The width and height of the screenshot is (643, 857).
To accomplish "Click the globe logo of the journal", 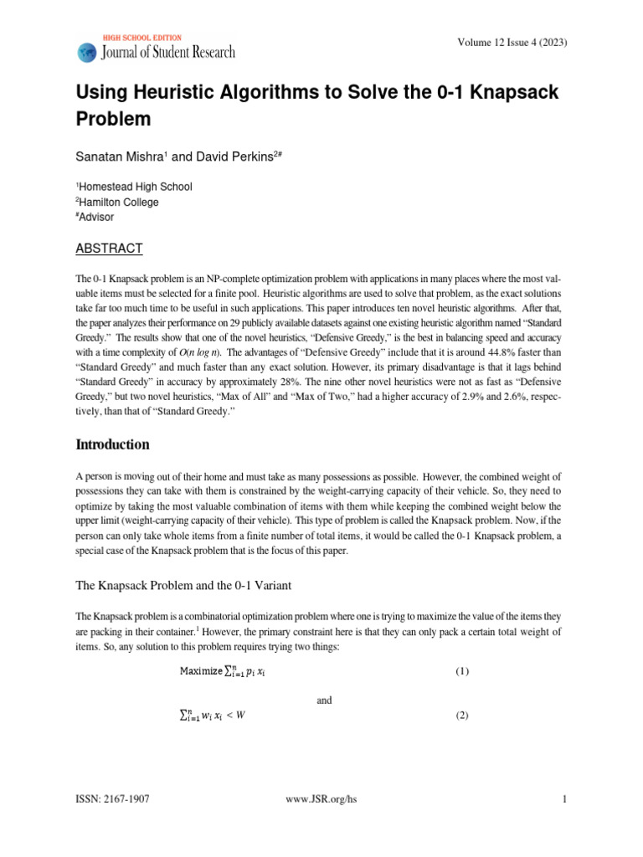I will tap(87, 52).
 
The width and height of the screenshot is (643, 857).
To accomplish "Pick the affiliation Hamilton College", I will tap(119, 202).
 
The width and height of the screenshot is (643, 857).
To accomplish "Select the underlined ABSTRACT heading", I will tap(109, 248).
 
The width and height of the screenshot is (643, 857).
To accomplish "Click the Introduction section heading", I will tap(113, 444).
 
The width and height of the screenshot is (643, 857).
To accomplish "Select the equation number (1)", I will tap(462, 671).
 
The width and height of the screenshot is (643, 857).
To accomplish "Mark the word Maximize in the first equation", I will tap(200, 671).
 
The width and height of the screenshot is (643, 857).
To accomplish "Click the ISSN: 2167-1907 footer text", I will tap(112, 799).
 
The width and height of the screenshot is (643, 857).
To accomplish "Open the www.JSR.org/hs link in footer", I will tap(321, 799).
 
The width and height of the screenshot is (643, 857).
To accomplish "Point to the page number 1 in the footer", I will tap(565, 799).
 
